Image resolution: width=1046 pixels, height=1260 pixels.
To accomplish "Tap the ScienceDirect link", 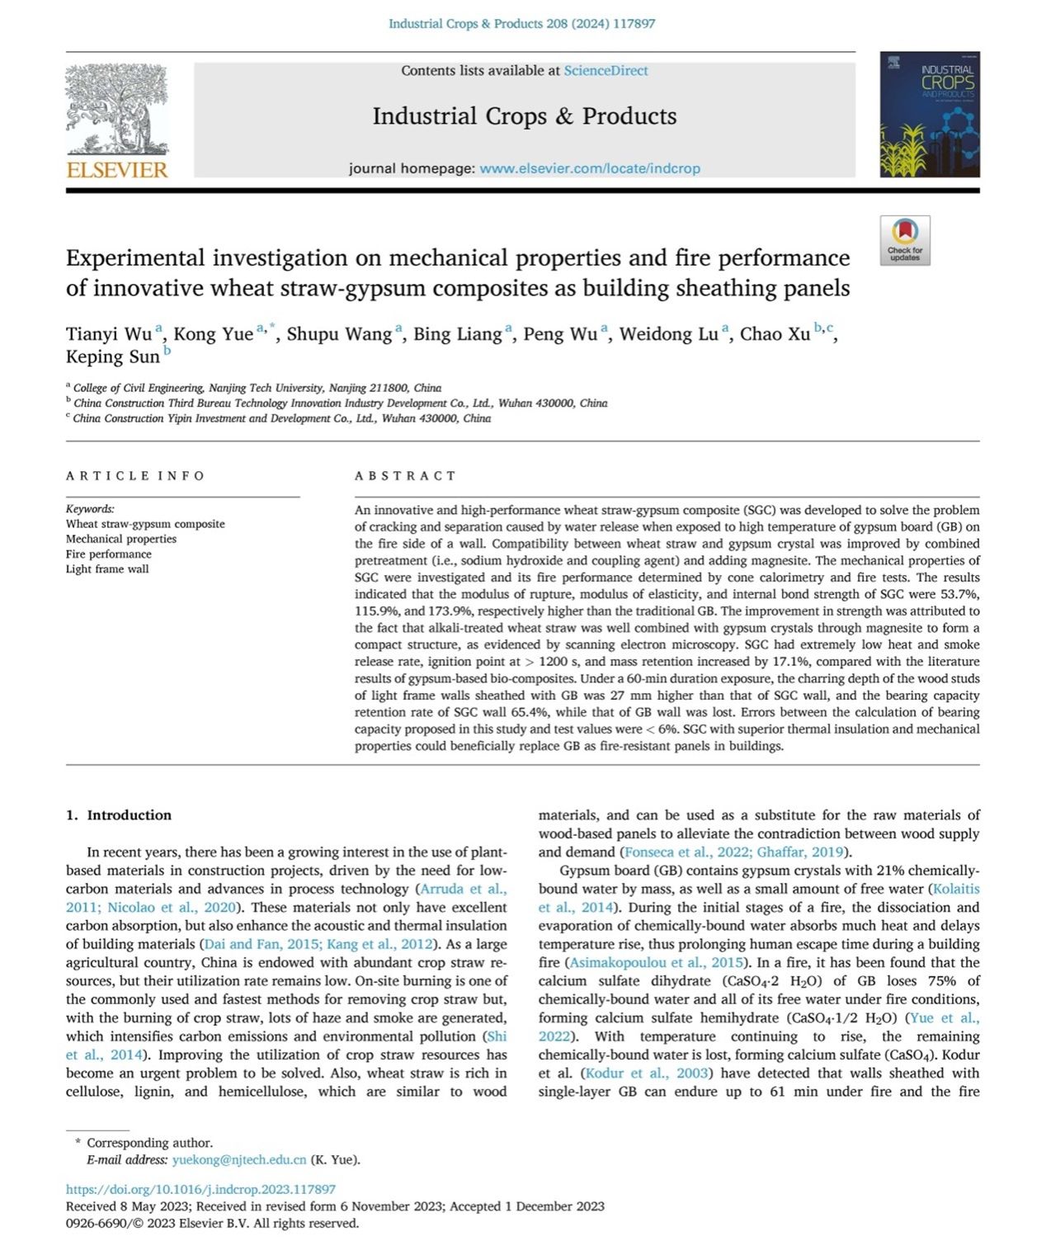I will coord(605,71).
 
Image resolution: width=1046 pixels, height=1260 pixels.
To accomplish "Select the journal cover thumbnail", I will coord(930,115).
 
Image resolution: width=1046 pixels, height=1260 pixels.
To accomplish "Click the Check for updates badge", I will coord(905,240).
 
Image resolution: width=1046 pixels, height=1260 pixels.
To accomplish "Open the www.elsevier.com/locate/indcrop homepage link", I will coord(589,168).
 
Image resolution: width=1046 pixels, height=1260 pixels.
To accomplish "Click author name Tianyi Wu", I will coord(109,334).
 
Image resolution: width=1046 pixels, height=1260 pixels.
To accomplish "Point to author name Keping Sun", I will coord(113,357).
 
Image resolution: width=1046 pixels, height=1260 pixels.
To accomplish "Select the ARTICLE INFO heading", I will coord(135,476).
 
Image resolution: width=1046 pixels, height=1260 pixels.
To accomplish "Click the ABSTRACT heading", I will coord(405,476).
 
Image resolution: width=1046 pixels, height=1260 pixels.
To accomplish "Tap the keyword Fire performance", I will coord(109,554).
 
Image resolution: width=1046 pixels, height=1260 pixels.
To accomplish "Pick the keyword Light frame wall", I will coord(107,569).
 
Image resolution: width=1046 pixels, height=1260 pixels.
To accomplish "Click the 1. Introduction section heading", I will coord(119,815).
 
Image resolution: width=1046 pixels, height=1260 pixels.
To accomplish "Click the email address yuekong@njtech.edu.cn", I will coord(239,1159).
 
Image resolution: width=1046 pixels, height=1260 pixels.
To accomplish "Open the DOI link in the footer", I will coord(200,1189).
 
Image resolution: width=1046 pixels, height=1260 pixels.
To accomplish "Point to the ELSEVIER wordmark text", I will coord(116,170).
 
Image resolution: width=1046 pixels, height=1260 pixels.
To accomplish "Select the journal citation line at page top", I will coord(522,24).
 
